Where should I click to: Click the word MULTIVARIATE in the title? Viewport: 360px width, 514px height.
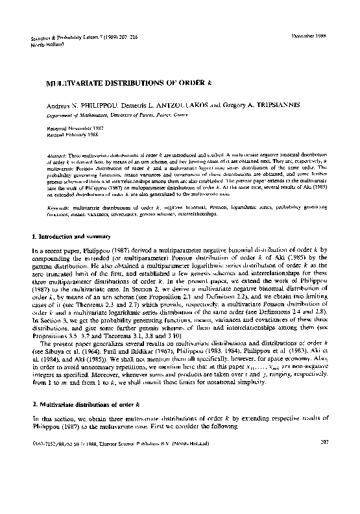tap(74, 84)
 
